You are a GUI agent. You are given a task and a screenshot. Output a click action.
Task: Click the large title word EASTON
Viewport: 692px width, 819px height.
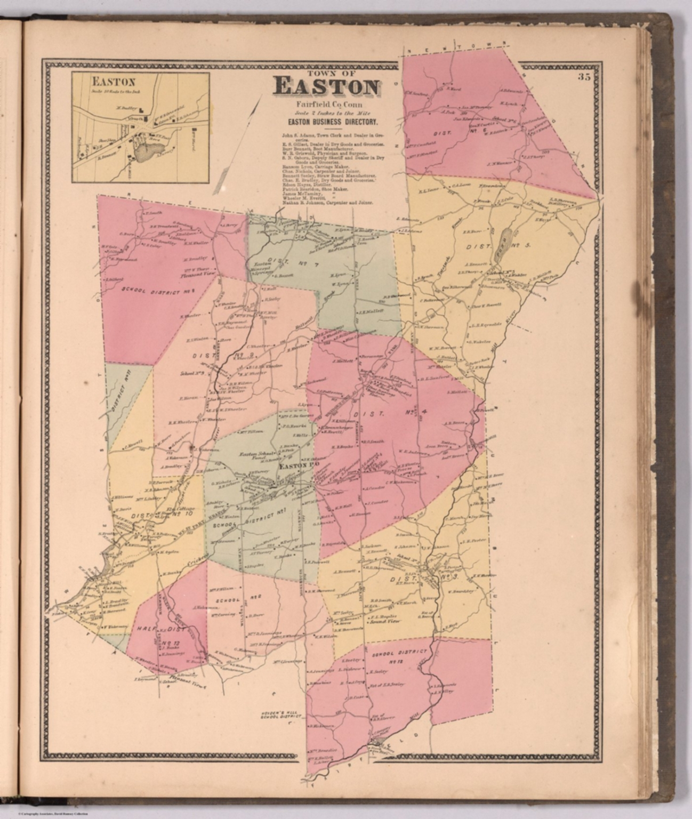coord(327,87)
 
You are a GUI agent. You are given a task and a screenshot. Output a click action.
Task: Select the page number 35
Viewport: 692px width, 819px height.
coord(583,78)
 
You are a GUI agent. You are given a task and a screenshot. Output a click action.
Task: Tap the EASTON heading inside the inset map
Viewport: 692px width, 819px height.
coord(114,83)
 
